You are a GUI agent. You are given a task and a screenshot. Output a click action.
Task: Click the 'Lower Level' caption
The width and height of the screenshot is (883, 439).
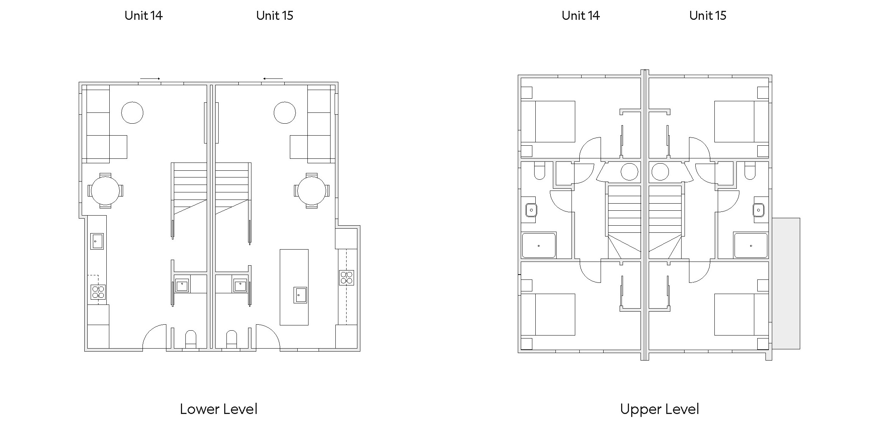click(219, 409)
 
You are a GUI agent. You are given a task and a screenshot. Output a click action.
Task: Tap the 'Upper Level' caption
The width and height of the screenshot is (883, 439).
click(659, 409)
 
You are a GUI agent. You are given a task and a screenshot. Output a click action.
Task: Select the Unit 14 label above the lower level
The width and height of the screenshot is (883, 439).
click(144, 16)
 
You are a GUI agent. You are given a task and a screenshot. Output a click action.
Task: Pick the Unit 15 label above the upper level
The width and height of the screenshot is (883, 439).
click(708, 16)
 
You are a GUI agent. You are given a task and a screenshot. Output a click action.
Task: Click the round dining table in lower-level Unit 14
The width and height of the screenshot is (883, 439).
click(105, 191)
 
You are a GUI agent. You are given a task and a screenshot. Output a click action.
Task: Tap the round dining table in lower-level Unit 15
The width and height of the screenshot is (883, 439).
click(311, 191)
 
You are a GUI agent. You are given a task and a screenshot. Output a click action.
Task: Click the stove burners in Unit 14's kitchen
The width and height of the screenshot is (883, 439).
click(98, 292)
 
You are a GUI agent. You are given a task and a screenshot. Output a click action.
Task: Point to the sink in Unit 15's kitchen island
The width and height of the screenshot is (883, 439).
click(300, 295)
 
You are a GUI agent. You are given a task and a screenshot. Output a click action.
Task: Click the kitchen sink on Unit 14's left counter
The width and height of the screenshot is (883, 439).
click(97, 241)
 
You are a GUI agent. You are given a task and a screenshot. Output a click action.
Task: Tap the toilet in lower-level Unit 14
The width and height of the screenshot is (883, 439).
click(191, 339)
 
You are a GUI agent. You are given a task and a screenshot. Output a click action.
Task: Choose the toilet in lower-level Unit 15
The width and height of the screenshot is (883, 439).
click(231, 339)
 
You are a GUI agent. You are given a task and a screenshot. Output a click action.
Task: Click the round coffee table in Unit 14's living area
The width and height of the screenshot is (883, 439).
click(132, 112)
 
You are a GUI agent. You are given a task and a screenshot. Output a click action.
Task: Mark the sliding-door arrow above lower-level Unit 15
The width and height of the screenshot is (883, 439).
click(273, 78)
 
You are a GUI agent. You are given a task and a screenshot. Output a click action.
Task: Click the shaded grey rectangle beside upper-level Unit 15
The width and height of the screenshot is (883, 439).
click(786, 283)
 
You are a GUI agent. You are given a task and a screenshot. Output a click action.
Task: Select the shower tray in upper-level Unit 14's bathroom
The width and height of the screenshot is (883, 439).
click(539, 245)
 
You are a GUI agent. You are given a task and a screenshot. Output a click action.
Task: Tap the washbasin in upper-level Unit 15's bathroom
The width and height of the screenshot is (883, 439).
click(758, 210)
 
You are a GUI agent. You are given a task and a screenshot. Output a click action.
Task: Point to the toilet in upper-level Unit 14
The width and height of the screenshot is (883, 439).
click(539, 171)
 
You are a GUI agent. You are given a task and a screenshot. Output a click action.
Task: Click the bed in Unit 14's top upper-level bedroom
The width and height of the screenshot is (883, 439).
click(548, 121)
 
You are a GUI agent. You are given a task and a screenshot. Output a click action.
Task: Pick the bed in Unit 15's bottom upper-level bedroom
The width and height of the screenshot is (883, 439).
click(741, 315)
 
